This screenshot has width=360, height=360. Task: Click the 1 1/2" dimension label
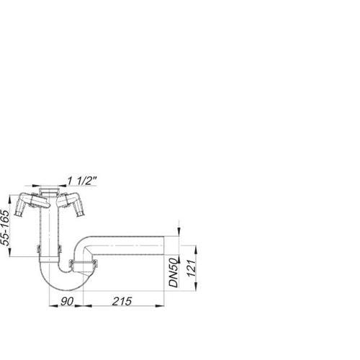tap(82, 181)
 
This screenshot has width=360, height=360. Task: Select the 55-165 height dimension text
tap(5, 228)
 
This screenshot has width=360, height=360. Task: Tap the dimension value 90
tap(67, 302)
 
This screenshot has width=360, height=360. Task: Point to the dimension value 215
tap(122, 302)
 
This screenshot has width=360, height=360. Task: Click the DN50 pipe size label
tap(174, 273)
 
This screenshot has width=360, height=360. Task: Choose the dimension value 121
tap(192, 268)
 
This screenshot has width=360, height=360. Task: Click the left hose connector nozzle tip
tap(18, 215)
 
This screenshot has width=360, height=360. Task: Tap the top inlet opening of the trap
tap(49, 190)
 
